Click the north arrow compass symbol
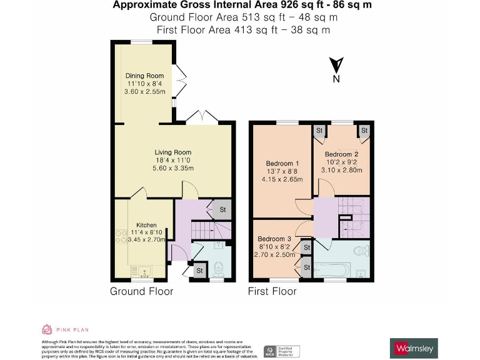336,65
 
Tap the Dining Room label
145,76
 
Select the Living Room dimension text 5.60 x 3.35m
173,168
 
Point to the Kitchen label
146,225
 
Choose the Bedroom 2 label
341,154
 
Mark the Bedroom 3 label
274,239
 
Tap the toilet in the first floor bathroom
361,251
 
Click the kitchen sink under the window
143,272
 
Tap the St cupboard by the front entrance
199,271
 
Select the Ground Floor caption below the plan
141,291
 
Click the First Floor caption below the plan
272,291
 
